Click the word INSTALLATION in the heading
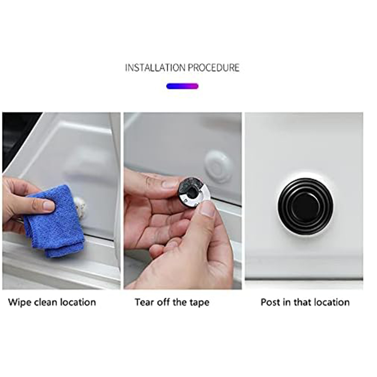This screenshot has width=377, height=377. tap(156, 67)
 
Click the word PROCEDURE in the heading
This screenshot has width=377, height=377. tap(213, 67)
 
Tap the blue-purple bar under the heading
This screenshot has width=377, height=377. tap(182, 86)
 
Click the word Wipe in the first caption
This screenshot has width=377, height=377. tap(19, 302)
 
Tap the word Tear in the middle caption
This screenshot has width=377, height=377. tap(145, 302)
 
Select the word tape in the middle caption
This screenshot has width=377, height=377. tap(199, 303)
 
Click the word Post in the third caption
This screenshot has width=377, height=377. tap(270, 302)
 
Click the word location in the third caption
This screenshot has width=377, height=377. tap(332, 302)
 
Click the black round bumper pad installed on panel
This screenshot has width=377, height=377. tap(305, 206)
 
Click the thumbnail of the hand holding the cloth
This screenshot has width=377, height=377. tap(62, 201)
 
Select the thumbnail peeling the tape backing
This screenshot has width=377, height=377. tap(183, 201)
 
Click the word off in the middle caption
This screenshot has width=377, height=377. tap(164, 302)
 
